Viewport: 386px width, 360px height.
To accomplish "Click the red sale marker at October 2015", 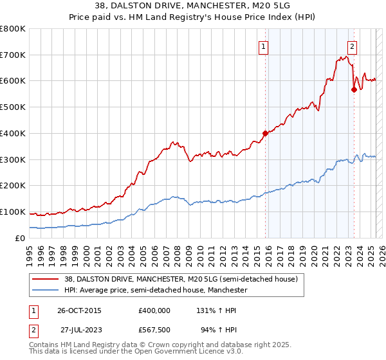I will click(265, 133).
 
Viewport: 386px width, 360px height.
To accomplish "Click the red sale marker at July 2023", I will click(354, 89).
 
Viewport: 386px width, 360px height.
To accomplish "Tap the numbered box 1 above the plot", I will click(264, 46).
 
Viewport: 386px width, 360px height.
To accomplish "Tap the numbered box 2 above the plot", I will click(353, 46).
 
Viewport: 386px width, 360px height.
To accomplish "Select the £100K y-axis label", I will click(13, 212).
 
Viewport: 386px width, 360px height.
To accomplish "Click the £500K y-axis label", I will click(13, 107).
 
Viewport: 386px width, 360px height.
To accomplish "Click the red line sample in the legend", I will click(46, 280).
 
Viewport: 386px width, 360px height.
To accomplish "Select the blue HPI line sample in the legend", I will click(46, 291).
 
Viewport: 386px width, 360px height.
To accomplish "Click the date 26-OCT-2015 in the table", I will click(78, 310).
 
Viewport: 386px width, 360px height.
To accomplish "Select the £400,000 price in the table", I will click(154, 310).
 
